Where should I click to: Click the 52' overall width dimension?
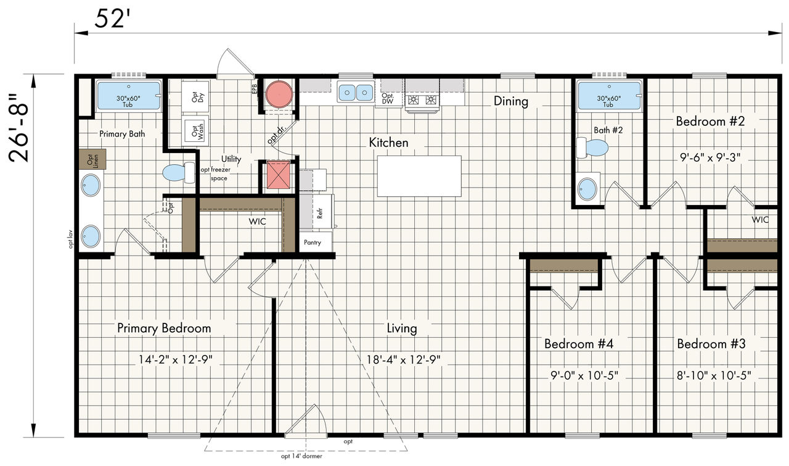point(110,19)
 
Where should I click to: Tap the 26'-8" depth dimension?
point(18,128)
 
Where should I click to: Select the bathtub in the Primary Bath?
point(129,96)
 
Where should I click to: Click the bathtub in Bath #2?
point(609,96)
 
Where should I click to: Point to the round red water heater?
point(279,94)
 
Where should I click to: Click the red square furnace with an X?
point(278,174)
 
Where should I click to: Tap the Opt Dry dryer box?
point(195,97)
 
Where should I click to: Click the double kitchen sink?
point(356,93)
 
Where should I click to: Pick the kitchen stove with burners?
point(422,100)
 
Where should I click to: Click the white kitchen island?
point(419,176)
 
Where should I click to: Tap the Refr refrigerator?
point(316,212)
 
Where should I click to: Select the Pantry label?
point(313,243)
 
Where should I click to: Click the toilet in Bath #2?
point(592,148)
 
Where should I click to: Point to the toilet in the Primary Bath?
point(179,172)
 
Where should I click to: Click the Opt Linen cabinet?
point(92,159)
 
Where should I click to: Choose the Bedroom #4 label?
point(579,344)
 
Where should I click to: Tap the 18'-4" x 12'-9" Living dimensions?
point(403,359)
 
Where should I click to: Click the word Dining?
point(511,101)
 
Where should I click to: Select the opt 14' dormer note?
point(301,456)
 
